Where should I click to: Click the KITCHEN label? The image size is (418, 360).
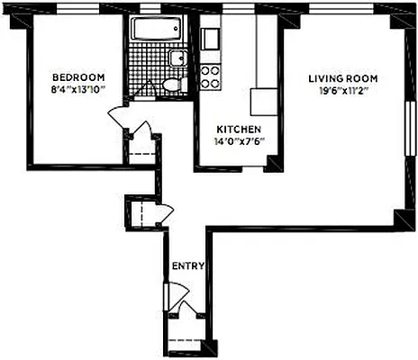[238, 128]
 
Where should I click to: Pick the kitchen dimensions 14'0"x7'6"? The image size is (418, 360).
[238, 140]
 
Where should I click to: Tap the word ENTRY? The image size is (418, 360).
[188, 265]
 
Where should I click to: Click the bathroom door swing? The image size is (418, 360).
[143, 85]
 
